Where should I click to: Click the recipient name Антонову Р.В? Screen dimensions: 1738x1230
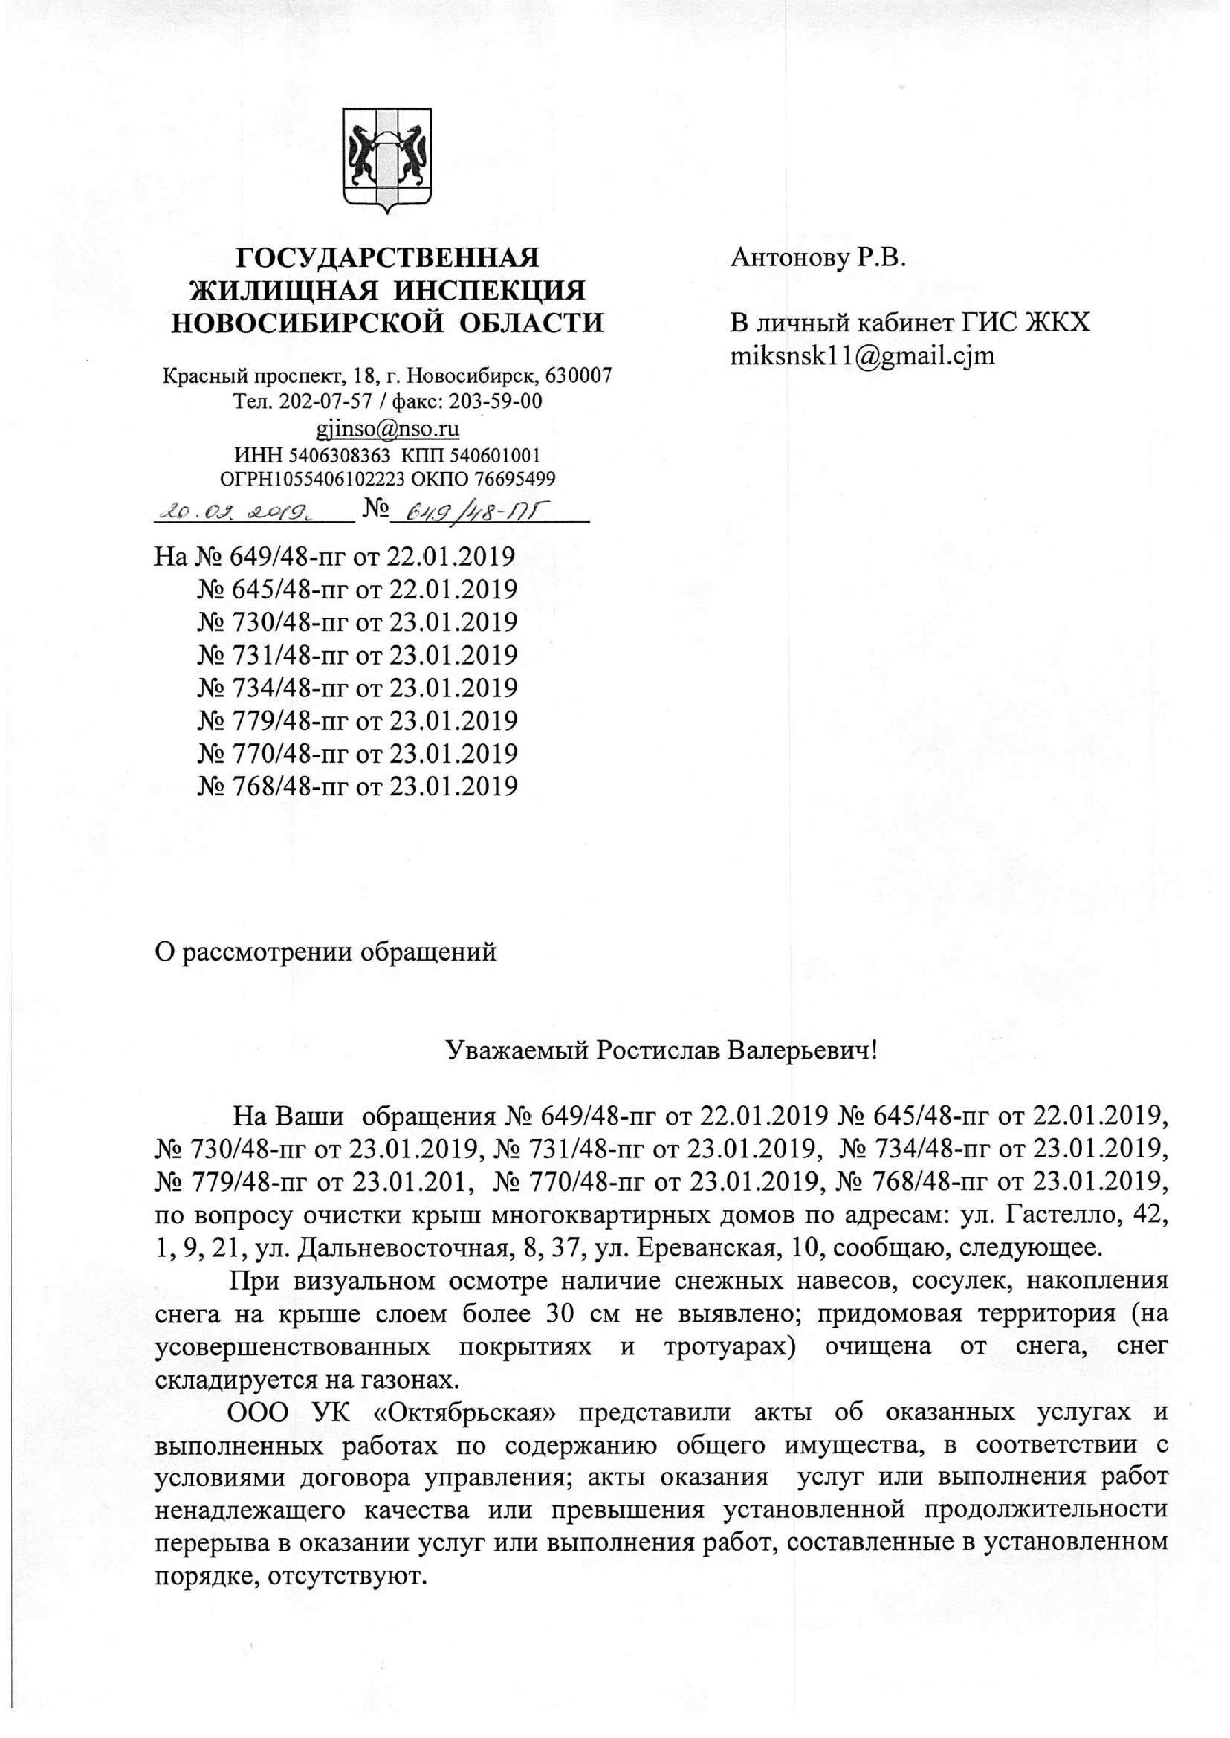[818, 258]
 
